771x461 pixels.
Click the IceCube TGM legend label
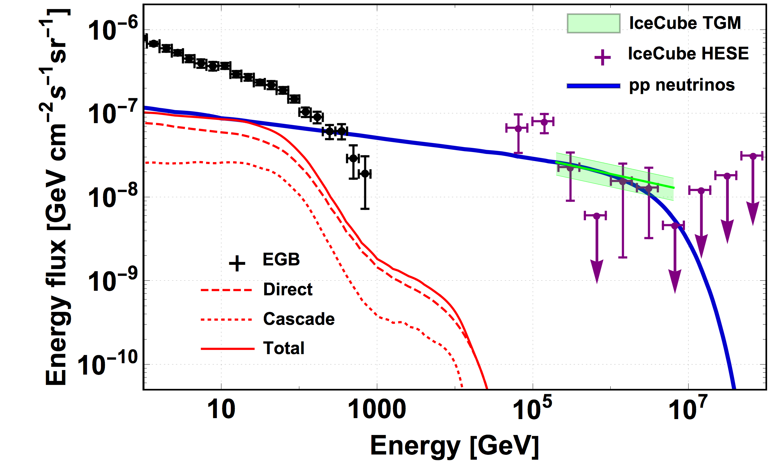point(685,23)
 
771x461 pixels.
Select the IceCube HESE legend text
point(688,54)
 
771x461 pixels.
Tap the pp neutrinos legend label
point(682,85)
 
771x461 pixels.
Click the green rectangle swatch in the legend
point(593,23)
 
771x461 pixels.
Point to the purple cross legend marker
point(602,58)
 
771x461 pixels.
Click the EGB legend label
point(281,259)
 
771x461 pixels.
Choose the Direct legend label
point(288,289)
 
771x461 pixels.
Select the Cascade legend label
point(299,319)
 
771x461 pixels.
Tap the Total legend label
point(284,348)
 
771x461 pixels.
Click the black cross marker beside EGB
point(237,263)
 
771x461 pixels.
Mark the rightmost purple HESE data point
point(753,156)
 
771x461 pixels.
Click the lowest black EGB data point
point(365,174)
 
